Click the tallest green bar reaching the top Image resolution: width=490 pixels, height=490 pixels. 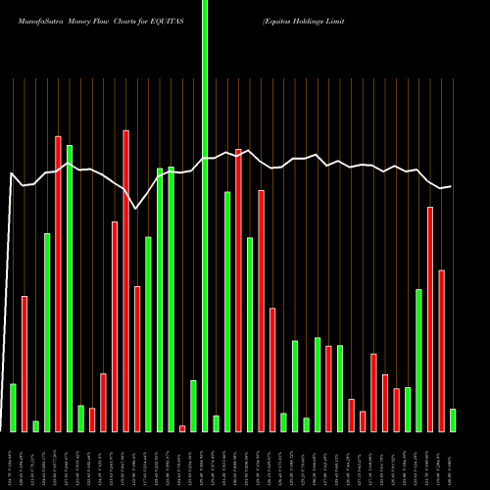point(205,216)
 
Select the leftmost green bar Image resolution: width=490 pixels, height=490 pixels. point(13,407)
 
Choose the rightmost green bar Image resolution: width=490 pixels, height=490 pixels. point(453,419)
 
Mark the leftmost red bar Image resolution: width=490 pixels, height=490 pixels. point(24,364)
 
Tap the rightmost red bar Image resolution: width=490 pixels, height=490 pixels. point(442,350)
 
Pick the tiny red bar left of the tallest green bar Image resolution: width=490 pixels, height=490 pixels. point(182,428)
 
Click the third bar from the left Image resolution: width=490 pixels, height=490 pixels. point(35,425)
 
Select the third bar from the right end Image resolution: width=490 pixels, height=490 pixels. point(430,318)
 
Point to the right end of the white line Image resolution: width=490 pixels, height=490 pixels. point(451,186)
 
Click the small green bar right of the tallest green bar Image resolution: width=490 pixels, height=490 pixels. point(216,423)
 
